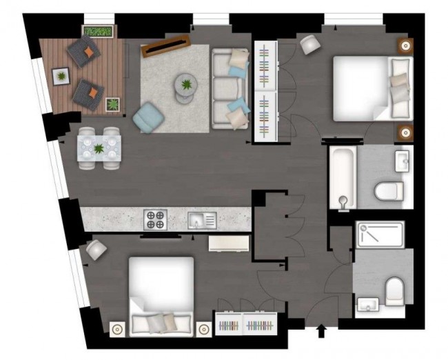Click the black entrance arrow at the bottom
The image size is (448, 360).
click(x=320, y=332)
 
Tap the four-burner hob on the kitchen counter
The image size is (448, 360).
click(x=155, y=220)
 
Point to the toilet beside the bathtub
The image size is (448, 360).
click(x=387, y=190)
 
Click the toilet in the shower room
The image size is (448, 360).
click(x=394, y=291)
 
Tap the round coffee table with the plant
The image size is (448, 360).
click(x=185, y=86)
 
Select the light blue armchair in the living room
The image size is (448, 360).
click(x=147, y=116)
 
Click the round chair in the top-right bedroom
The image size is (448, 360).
click(x=310, y=44)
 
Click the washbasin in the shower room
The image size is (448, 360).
click(x=365, y=303)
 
